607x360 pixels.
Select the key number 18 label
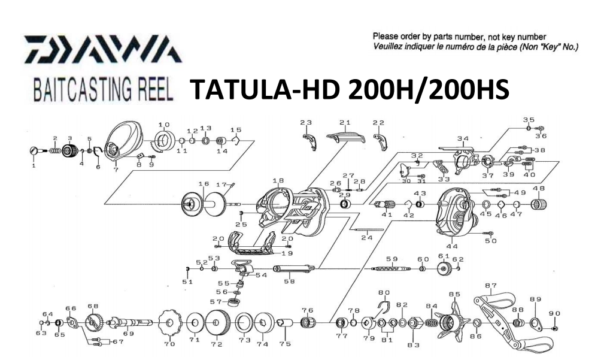click(277, 180)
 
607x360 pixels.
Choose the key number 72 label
click(216, 344)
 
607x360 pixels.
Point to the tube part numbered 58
click(293, 270)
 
